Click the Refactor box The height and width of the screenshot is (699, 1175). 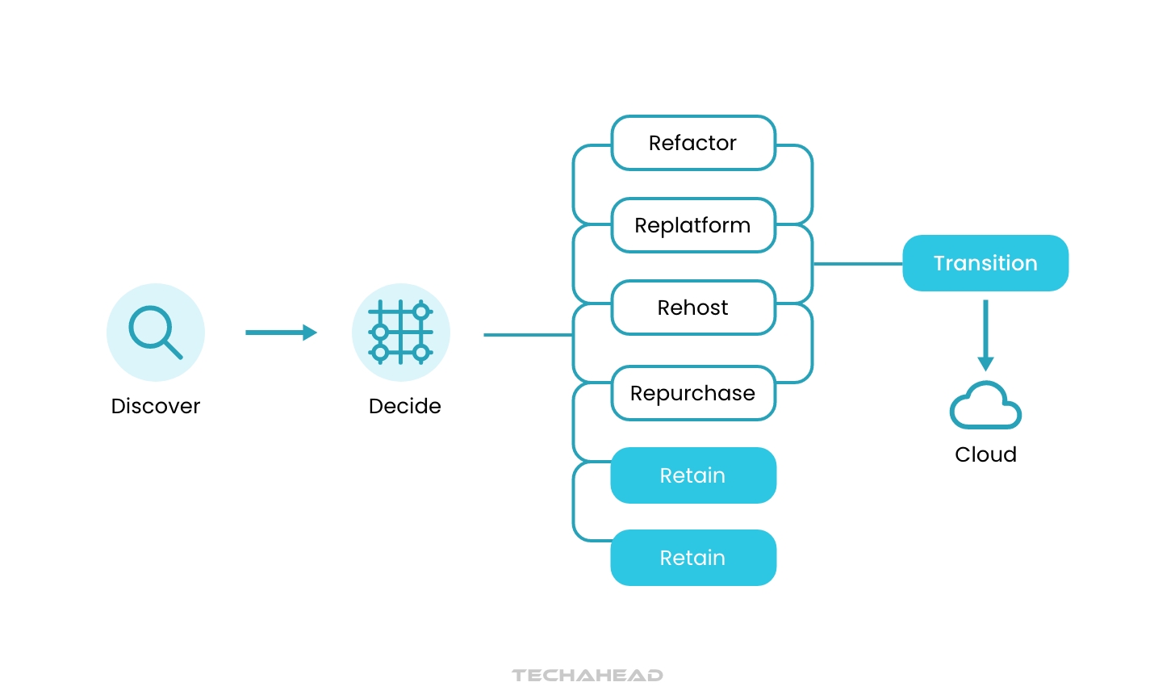(693, 143)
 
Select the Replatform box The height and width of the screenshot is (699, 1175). (693, 225)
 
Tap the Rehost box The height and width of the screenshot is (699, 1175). (693, 308)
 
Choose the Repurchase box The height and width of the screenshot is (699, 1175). (693, 393)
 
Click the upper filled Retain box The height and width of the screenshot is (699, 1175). (693, 475)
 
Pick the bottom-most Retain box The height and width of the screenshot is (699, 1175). (693, 558)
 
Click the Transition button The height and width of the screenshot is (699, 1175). (985, 263)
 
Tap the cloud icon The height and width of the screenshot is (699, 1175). (985, 406)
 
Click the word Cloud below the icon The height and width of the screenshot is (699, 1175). (985, 454)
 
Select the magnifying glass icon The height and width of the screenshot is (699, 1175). (156, 332)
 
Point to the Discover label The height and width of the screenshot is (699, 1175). (156, 406)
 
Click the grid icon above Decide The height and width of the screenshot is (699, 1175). (401, 332)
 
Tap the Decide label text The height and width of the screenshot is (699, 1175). (404, 406)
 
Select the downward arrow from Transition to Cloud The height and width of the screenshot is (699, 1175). (985, 331)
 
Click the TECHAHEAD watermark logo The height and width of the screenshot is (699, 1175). (587, 675)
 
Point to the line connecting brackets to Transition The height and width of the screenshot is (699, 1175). (857, 264)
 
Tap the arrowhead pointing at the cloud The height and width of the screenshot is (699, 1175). (985, 364)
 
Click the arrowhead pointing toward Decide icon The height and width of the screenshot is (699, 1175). (310, 333)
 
